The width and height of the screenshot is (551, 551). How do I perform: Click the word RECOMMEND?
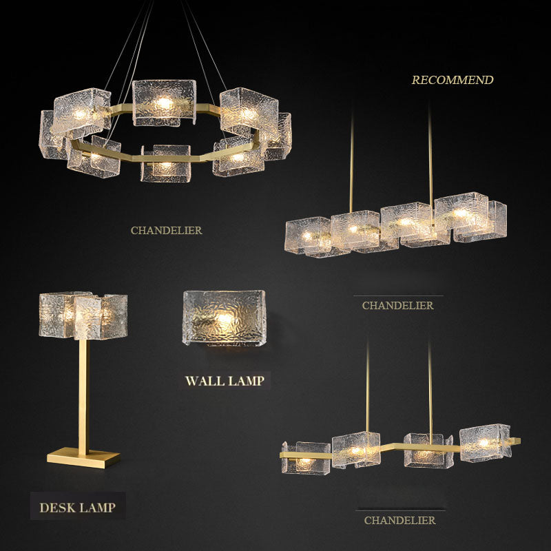pos(453,80)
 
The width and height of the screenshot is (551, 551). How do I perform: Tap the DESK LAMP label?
pos(78,508)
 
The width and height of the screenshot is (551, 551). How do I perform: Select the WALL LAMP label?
pos(225,381)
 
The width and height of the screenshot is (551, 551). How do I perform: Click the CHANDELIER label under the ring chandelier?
pos(167,231)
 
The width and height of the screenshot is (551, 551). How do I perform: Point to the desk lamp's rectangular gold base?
pos(83,457)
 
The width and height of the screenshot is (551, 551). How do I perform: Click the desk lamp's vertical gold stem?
pos(83,393)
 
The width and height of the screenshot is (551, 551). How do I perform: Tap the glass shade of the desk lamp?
pos(83,315)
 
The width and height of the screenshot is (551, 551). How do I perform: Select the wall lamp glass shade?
pos(225,318)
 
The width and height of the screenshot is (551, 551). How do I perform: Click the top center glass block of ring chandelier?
pos(164,103)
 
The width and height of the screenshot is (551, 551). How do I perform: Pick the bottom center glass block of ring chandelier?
pos(165,163)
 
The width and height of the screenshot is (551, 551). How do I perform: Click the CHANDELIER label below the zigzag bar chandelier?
pos(400,521)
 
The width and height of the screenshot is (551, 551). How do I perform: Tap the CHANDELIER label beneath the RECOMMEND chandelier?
pos(398,306)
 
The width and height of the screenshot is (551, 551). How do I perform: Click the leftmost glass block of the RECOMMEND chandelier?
pos(308,236)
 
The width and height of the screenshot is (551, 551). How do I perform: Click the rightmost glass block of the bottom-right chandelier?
pos(486,443)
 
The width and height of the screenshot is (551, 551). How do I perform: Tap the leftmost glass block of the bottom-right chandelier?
pos(306,458)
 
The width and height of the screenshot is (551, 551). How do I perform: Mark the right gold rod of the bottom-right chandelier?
pos(430,391)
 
